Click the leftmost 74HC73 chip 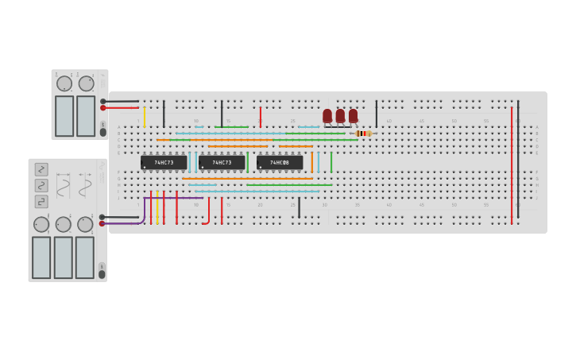(x=164, y=162)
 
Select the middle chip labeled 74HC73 (x=222, y=162)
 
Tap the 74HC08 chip (x=279, y=162)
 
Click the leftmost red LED (x=327, y=116)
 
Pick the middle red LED (x=340, y=116)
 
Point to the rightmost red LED (x=353, y=116)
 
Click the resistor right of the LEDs (x=363, y=134)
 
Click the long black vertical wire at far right (x=518, y=159)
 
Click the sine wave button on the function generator (x=41, y=185)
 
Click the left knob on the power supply (x=64, y=83)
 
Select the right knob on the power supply (x=86, y=83)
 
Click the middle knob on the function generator (x=63, y=225)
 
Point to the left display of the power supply (x=64, y=116)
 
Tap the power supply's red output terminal (x=103, y=108)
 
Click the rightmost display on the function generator (x=85, y=257)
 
